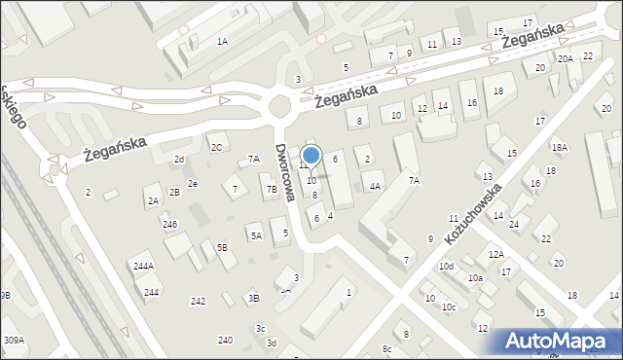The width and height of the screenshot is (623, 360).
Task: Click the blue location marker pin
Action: click(311, 156)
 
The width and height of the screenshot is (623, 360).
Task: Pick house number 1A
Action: click(222, 41)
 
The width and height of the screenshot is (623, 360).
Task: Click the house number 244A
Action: click(144, 266)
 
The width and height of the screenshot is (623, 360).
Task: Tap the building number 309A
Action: click(14, 340)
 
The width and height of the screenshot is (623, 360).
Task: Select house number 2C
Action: click(216, 147)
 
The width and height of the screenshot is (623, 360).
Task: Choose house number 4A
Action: click(375, 185)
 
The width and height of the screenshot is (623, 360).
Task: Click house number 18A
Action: click(559, 147)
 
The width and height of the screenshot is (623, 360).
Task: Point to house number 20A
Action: click(565, 58)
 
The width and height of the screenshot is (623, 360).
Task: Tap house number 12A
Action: click(496, 254)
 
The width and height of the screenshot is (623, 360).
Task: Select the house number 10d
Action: click(446, 266)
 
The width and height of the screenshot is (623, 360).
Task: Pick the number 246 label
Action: click(169, 224)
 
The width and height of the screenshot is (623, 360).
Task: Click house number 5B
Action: click(222, 247)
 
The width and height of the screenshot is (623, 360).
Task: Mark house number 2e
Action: click(193, 183)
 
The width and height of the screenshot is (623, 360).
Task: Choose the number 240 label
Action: click(225, 340)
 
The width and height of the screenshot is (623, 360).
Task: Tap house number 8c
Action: click(386, 348)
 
